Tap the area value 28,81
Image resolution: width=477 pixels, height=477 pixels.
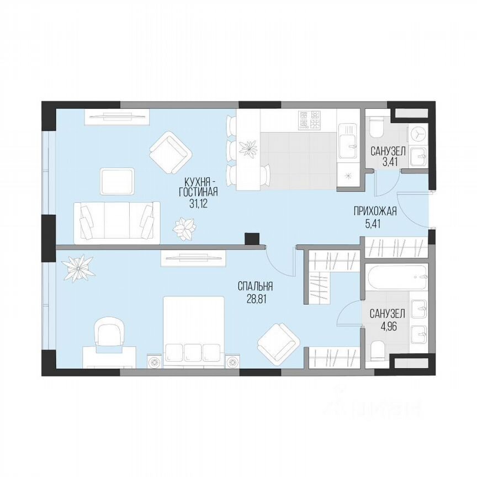pyautogui.click(x=256, y=298)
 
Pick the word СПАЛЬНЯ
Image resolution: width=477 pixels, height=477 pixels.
pyautogui.click(x=256, y=286)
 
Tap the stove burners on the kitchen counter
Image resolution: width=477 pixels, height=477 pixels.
pyautogui.click(x=310, y=120)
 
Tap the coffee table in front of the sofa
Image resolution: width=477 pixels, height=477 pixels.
pyautogui.click(x=116, y=181)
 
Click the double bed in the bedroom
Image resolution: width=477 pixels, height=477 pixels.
pyautogui.click(x=193, y=331)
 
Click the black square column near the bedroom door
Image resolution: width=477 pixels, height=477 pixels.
pyautogui.click(x=252, y=238)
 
